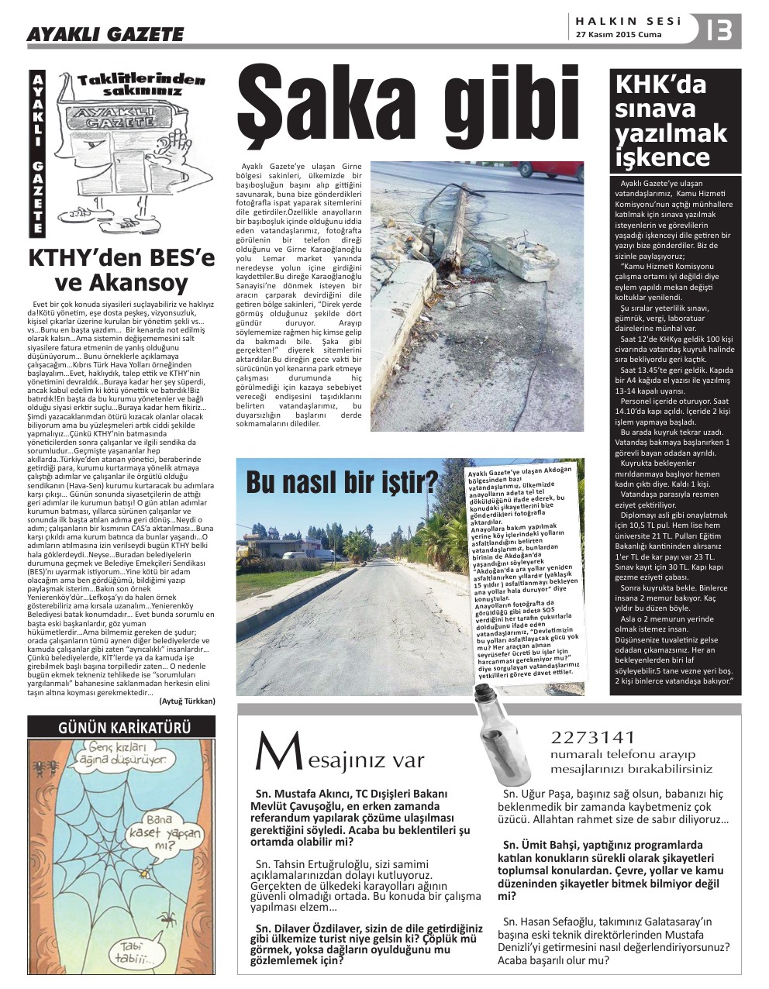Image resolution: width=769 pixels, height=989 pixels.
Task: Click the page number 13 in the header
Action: [x=720, y=30]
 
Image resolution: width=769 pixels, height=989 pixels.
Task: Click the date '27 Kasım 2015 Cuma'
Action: [x=619, y=35]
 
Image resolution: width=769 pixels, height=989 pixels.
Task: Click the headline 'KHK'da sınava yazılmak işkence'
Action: [x=671, y=120]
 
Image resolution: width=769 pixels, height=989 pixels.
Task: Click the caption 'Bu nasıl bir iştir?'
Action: [x=341, y=482]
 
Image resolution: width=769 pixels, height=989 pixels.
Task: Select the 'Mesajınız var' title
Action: [x=340, y=756]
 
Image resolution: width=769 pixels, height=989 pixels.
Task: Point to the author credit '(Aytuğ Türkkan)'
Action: [x=187, y=701]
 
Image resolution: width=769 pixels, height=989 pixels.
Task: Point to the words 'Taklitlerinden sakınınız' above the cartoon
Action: [x=142, y=85]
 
